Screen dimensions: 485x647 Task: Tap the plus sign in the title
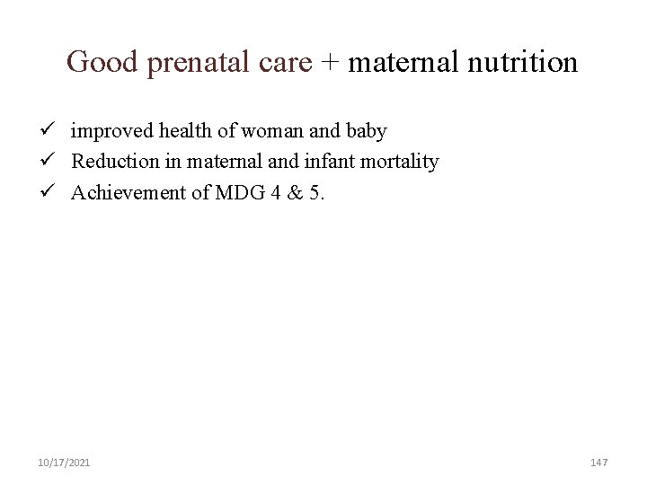click(330, 63)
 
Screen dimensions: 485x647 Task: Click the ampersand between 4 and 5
click(290, 192)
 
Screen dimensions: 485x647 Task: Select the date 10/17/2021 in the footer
click(64, 462)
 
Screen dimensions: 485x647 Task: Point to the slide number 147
click(599, 462)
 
